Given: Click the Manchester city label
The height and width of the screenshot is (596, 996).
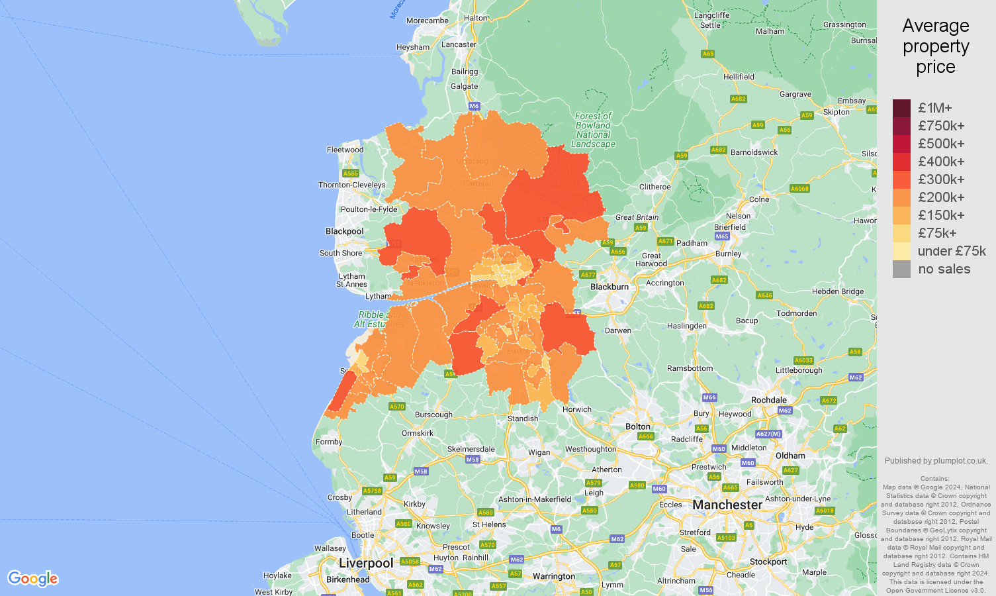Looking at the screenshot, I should (727, 505).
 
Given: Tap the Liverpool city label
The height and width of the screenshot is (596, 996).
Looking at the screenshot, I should (366, 564).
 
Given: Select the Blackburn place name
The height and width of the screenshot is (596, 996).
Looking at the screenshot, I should (609, 287).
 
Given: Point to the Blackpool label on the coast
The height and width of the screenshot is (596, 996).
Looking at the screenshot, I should (344, 231).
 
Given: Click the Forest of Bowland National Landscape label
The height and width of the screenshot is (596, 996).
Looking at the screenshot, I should (593, 130).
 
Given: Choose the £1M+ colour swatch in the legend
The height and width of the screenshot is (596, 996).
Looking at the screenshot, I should (901, 108).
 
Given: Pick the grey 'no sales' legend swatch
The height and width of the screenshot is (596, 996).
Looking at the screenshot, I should (901, 269).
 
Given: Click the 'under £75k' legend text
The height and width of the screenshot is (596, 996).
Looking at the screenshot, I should (951, 251).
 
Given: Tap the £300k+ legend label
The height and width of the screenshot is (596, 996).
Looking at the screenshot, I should (940, 179).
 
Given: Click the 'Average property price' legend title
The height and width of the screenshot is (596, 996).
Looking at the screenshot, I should (935, 46).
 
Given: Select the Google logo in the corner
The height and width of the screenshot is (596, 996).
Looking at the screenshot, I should (33, 579).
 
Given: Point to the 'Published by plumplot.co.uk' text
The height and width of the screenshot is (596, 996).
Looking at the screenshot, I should (936, 461).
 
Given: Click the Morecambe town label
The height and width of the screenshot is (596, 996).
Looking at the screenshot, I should (427, 21).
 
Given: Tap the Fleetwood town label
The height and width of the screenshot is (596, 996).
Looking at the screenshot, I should (345, 150).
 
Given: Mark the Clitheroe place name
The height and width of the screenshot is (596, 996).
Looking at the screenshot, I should (655, 187).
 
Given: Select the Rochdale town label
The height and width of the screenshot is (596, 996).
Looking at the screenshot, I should (768, 400).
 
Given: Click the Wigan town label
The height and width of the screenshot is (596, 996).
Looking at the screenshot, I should (539, 453).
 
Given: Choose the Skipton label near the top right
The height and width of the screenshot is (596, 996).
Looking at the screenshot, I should (836, 112).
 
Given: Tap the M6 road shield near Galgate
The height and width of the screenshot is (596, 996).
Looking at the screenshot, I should (474, 106).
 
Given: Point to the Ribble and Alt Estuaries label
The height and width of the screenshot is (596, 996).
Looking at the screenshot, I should (378, 319).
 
